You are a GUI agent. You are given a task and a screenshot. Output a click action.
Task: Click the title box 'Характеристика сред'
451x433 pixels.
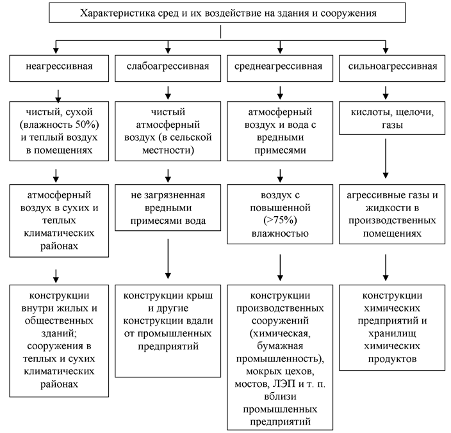227,13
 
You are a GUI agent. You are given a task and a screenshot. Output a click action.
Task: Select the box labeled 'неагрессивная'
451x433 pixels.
59,68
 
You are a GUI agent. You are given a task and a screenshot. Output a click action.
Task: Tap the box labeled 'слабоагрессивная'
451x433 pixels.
168,68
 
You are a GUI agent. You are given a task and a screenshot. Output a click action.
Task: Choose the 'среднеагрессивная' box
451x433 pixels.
280,68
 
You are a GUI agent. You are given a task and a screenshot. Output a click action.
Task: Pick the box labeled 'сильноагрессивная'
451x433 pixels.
392,68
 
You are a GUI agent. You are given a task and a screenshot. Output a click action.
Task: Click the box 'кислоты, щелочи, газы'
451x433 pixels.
392,118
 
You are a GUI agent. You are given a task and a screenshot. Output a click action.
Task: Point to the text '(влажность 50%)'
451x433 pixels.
59,125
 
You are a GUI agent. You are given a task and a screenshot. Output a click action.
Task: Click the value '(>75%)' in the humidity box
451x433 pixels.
280,220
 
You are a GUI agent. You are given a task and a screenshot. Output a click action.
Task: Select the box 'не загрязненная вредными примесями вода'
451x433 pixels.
168,208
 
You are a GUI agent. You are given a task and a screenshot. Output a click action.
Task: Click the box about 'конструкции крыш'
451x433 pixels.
168,331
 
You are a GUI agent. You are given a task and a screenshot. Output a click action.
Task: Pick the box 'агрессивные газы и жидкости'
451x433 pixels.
392,214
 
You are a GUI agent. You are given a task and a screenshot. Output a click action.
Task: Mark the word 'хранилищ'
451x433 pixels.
392,334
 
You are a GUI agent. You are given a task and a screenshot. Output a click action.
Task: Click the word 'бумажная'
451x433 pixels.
280,346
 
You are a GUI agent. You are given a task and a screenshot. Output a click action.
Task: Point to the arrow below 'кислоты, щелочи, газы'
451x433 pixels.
386,159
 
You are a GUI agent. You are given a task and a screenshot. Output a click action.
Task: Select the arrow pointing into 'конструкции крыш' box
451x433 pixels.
168,258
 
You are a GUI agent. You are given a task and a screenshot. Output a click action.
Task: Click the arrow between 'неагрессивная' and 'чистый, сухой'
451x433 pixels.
58,97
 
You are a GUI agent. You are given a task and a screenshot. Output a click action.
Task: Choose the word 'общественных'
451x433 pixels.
59,320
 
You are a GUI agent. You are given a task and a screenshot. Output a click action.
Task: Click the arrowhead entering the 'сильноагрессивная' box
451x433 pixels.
386,51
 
